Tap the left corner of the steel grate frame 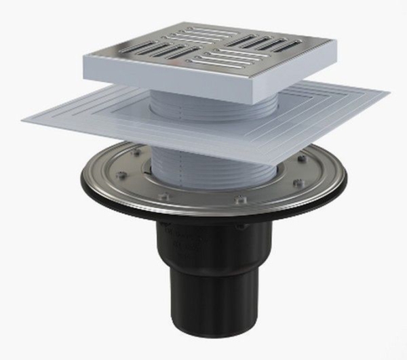[x=85, y=57]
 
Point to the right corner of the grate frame [x=335, y=42]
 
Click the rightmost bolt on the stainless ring [x=298, y=184]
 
